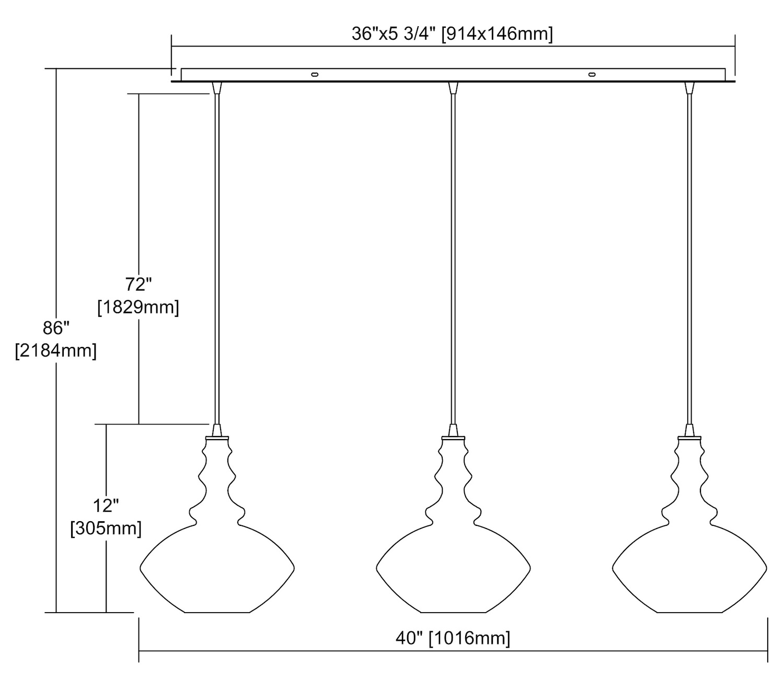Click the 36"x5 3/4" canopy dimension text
click(x=453, y=35)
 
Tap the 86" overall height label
click(x=56, y=328)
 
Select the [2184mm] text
click(x=56, y=351)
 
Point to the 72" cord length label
click(x=139, y=284)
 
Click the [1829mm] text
click(x=139, y=307)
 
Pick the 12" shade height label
click(x=106, y=506)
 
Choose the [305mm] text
click(x=106, y=529)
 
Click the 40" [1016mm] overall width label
click(x=453, y=638)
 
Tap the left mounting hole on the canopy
click(x=314, y=75)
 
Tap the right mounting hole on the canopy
click(x=592, y=75)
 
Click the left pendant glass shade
click(x=217, y=565)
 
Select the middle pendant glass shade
click(x=453, y=565)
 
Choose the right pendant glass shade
click(x=689, y=565)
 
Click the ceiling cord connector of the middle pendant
click(x=453, y=88)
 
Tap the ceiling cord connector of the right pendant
click(x=689, y=88)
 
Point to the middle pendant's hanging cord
click(x=453, y=261)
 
